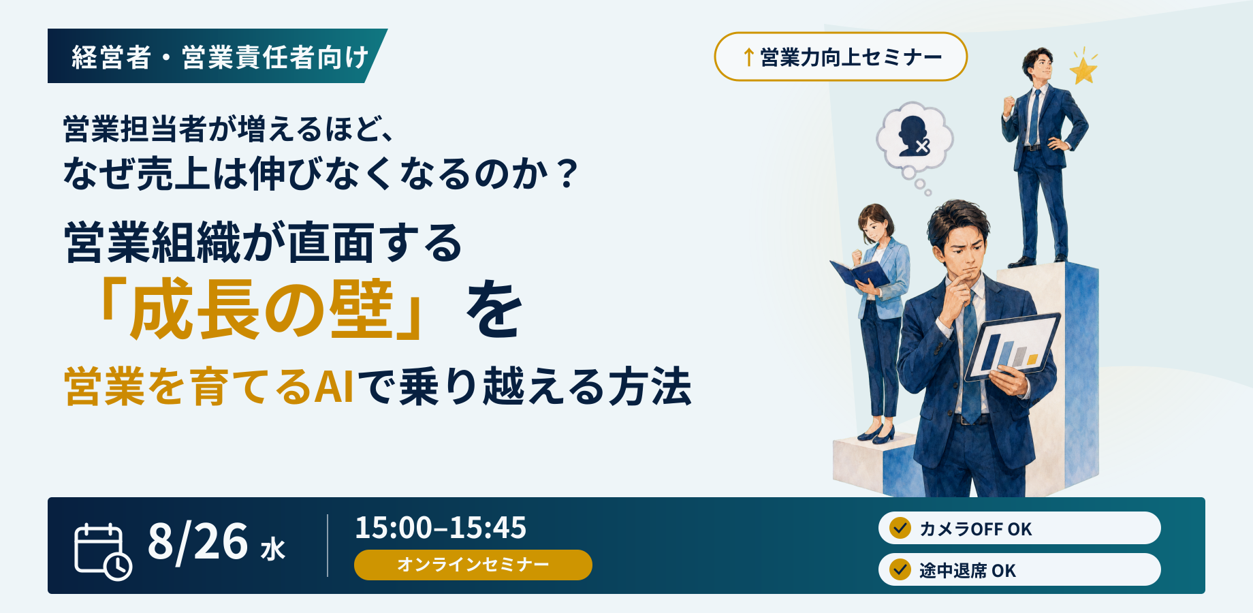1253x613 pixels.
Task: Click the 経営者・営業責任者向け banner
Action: [217, 56]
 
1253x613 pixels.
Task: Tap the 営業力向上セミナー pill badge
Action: [840, 57]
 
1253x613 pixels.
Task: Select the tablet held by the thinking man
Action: [1013, 346]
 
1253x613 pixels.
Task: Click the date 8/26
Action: [197, 542]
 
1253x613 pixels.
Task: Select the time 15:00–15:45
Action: [441, 528]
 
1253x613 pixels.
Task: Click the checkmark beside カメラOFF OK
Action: [900, 528]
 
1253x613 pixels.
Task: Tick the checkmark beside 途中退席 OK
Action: [900, 569]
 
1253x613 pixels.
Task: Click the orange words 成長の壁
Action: [262, 310]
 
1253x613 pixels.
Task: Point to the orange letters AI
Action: [334, 387]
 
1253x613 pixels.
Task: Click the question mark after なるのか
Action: [566, 174]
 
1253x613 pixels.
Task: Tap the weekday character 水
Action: [272, 549]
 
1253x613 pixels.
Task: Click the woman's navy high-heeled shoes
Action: [876, 434]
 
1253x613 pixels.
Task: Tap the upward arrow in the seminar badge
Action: [748, 57]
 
